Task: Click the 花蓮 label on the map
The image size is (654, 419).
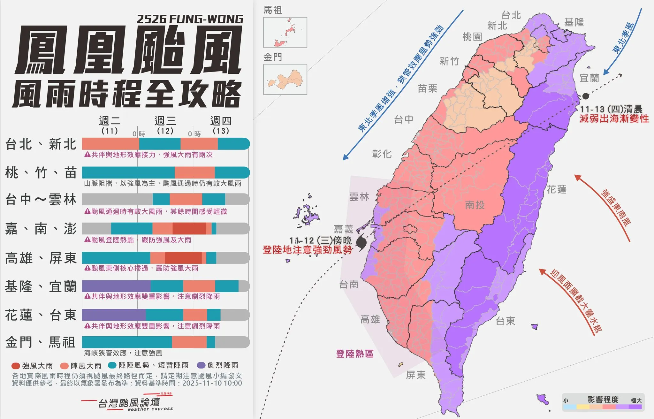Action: coord(556,189)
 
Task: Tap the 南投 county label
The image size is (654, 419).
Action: coord(475,205)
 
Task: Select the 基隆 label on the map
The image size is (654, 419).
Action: coord(574,22)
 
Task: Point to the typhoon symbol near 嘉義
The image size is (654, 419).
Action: coord(361,243)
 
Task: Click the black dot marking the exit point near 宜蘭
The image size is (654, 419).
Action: coord(585,96)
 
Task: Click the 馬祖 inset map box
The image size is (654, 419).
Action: coord(285,33)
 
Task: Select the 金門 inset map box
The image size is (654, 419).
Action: coord(285,79)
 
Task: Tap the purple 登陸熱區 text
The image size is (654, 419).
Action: coord(354,354)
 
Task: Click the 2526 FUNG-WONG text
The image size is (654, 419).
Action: coord(190,19)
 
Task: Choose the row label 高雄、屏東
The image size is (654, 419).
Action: coord(41,258)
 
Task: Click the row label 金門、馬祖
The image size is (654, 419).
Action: coord(40,342)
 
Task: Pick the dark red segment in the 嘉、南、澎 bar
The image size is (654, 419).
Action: coord(189,229)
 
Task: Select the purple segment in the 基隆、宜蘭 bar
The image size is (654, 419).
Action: coord(116,286)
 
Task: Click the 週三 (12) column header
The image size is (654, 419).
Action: coord(165,125)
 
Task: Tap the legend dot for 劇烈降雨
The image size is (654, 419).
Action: coord(201,365)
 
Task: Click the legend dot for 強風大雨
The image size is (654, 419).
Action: coord(16,366)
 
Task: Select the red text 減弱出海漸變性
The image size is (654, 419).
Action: coord(614,119)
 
